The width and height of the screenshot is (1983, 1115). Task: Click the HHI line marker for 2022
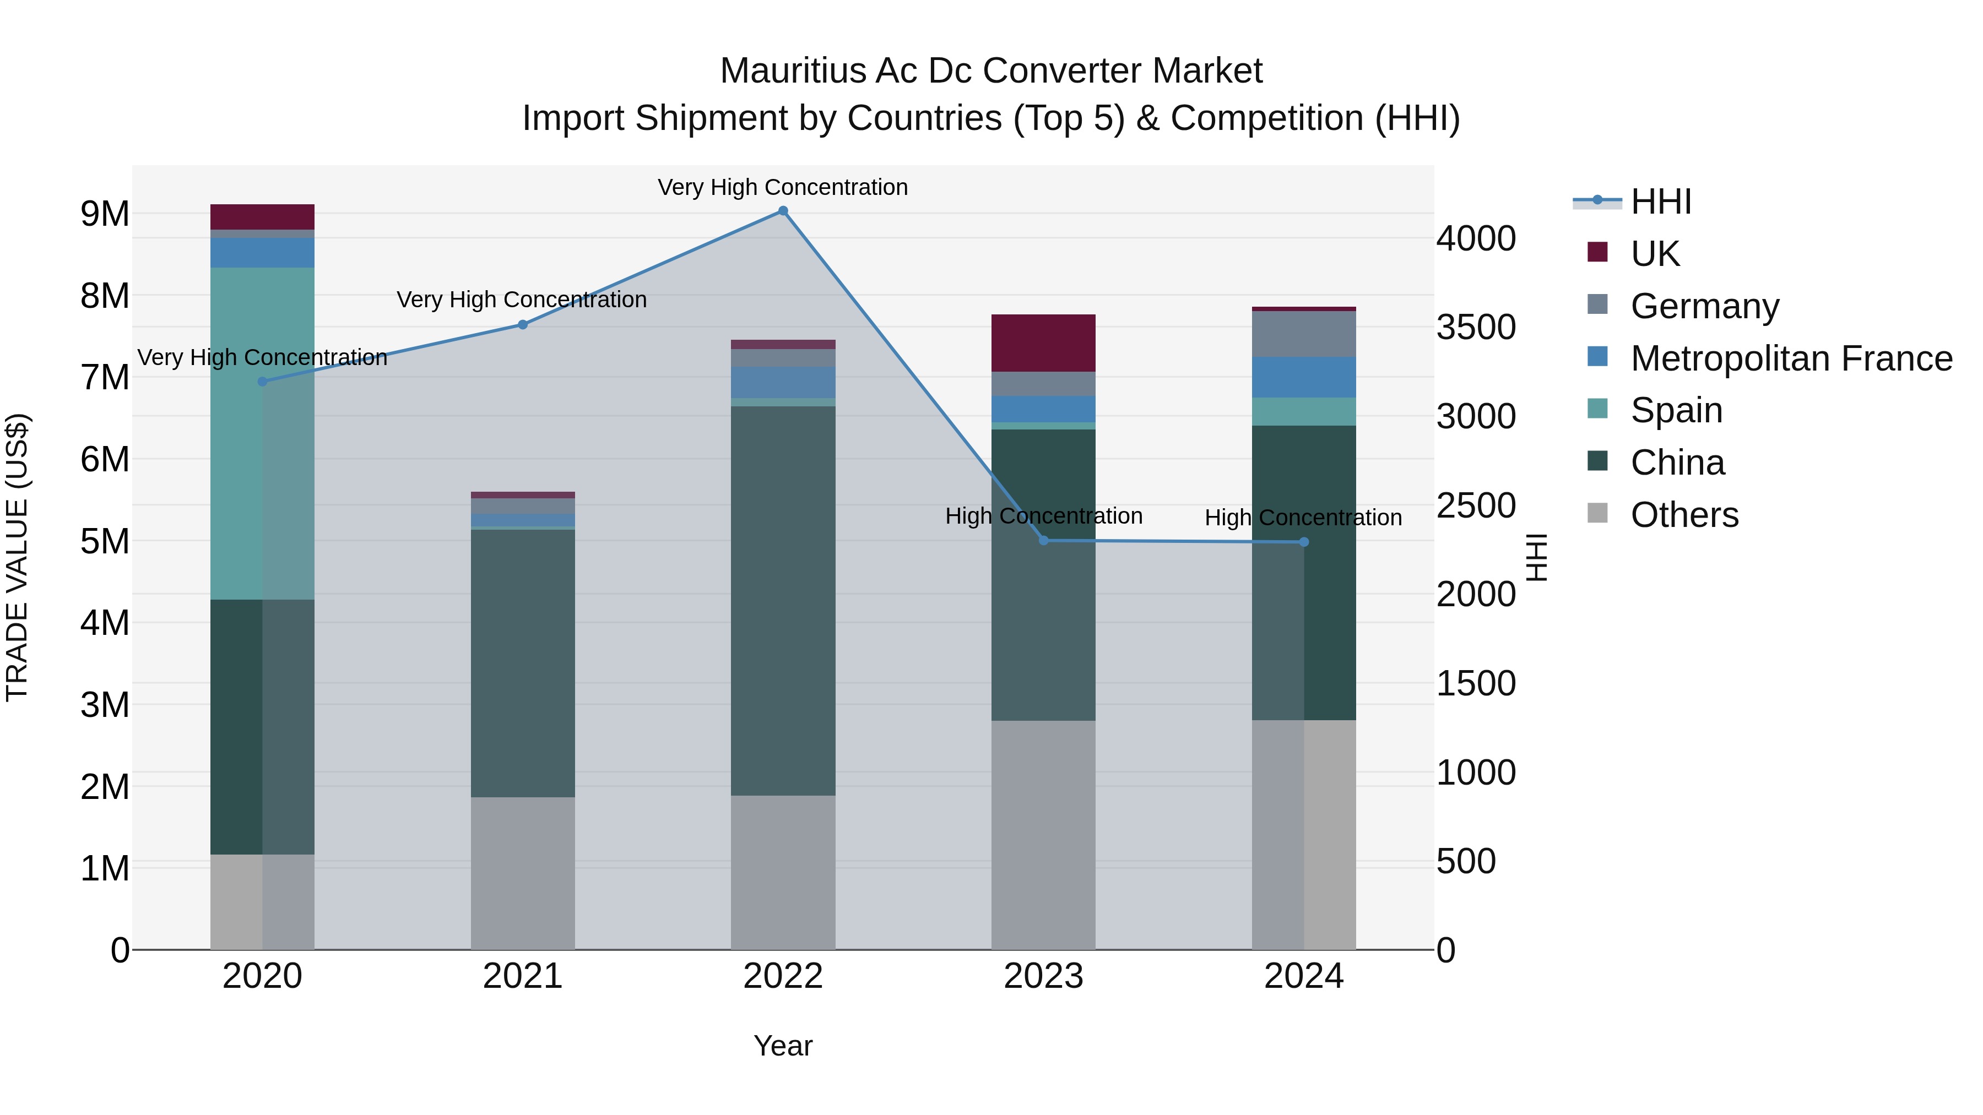(783, 211)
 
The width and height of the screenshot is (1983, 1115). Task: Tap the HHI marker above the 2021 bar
(523, 325)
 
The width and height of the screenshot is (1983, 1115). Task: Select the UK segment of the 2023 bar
(1043, 343)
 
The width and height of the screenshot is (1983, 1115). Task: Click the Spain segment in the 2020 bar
(262, 433)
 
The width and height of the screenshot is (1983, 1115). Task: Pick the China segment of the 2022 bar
(783, 600)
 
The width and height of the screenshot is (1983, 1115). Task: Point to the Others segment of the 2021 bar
(523, 873)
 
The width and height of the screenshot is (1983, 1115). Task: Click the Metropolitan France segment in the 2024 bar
(1303, 377)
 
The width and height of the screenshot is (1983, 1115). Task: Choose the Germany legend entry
(1704, 306)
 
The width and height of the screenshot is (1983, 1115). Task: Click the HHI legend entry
(1660, 202)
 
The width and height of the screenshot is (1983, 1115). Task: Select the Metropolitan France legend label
(1791, 358)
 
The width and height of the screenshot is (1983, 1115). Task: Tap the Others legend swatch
(1597, 513)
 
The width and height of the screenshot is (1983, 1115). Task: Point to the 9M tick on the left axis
(105, 214)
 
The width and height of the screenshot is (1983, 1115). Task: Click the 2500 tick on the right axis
(1476, 505)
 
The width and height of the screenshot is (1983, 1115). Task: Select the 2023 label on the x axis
(1043, 976)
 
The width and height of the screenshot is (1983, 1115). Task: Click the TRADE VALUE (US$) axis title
(17, 557)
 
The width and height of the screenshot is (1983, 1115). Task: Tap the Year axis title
(783, 1046)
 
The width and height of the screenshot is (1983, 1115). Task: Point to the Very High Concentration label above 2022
(783, 187)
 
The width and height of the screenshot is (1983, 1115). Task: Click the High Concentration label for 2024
(1303, 518)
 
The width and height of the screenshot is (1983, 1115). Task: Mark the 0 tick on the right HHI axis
(1446, 951)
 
